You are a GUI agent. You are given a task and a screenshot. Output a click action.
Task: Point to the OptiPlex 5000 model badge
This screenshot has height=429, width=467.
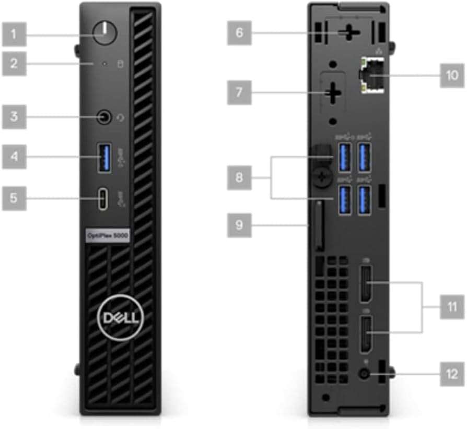(x=107, y=235)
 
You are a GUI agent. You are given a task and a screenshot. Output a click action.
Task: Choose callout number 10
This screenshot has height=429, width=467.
(x=451, y=76)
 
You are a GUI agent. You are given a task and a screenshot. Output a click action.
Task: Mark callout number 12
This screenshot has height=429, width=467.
(x=451, y=374)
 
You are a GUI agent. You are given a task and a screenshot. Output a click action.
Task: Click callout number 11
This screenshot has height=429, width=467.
(x=451, y=306)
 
